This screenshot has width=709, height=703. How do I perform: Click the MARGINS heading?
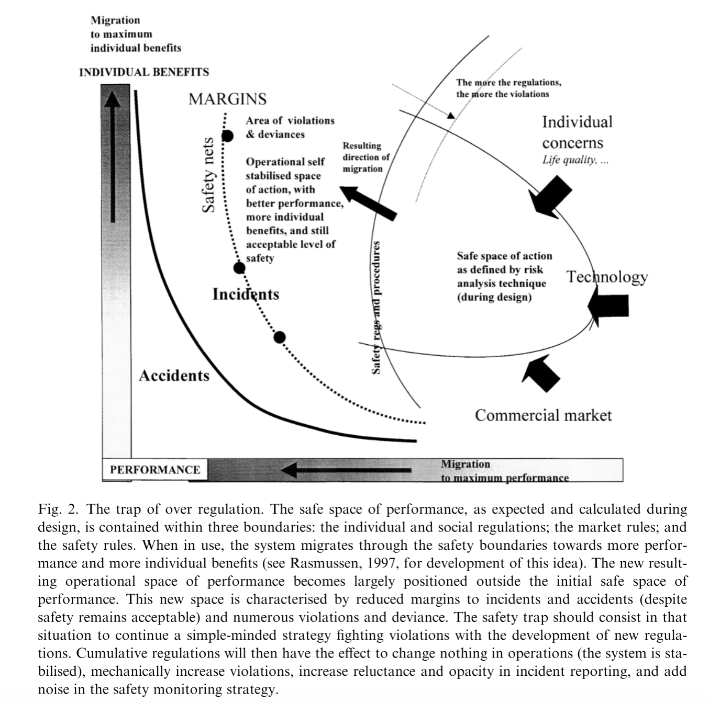227,99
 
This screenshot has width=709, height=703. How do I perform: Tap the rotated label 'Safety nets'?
209,175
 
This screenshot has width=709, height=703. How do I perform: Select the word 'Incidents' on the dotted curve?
246,294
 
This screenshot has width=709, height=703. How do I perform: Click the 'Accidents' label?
174,376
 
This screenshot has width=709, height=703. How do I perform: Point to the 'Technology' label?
607,277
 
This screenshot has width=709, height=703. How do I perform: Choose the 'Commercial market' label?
543,415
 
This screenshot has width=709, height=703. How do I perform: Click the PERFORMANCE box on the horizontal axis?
154,470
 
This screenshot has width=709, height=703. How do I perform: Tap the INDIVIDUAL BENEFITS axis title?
144,72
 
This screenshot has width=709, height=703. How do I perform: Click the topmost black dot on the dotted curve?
227,136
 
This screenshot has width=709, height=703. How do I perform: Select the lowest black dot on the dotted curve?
280,337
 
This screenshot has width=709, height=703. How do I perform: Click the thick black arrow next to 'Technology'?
608,305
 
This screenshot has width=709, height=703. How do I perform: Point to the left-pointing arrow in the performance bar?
346,470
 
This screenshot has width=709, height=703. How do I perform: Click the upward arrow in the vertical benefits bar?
113,157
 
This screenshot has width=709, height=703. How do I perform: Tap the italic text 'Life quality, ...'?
575,160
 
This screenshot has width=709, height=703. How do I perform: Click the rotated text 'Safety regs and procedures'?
376,308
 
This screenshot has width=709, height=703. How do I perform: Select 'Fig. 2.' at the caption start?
58,509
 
